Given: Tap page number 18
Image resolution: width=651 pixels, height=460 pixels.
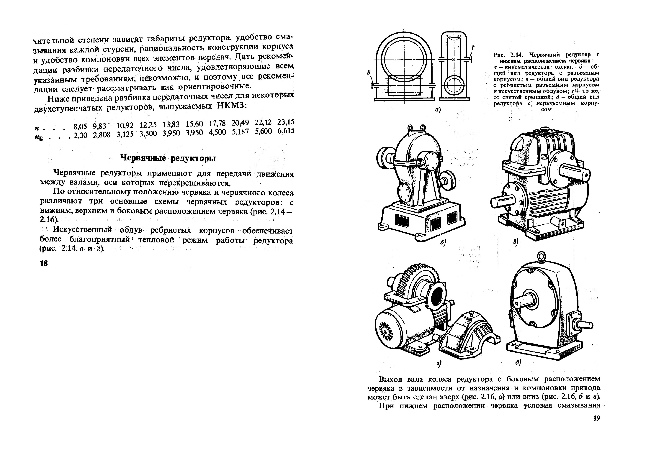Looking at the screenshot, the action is point(44,263).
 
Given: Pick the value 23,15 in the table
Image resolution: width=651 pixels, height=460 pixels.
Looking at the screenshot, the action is point(286,122).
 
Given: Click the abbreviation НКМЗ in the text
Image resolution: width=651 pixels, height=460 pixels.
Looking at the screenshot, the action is point(230,105).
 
